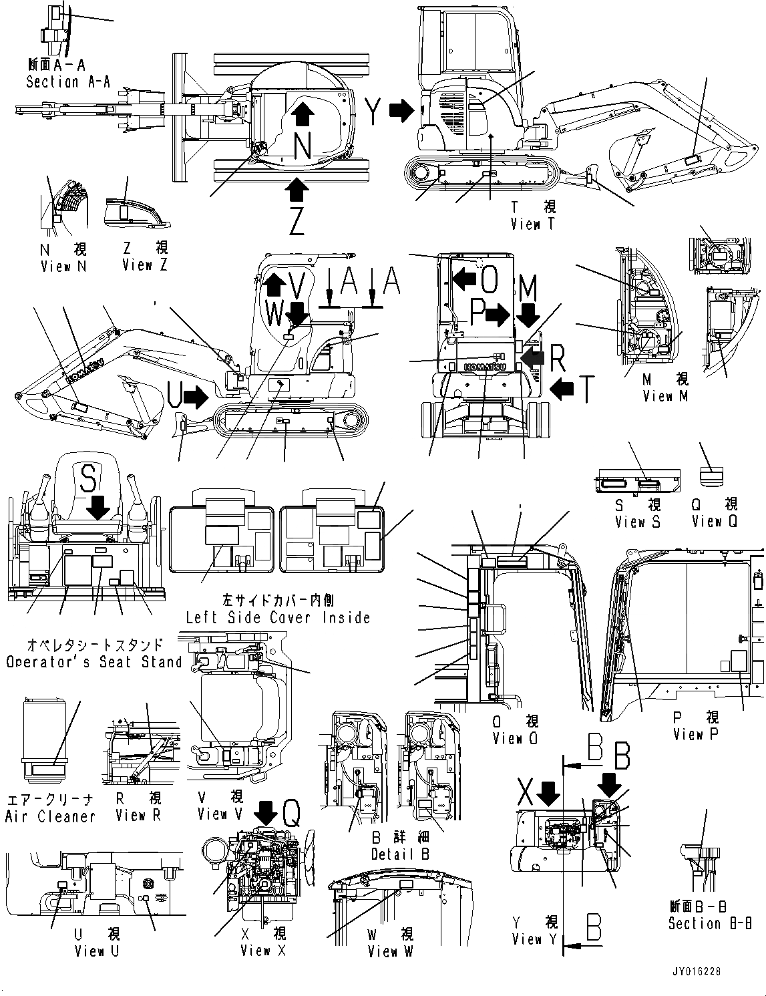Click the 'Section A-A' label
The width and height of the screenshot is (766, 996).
[68, 81]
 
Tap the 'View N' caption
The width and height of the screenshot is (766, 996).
[63, 267]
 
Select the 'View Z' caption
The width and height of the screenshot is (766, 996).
[145, 265]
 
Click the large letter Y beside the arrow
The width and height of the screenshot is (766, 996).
[375, 110]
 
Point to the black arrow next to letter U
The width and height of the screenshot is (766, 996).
[195, 398]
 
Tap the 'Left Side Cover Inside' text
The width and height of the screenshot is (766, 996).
[278, 617]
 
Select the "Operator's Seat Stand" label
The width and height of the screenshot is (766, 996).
[94, 662]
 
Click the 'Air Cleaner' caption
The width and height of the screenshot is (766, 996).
[50, 816]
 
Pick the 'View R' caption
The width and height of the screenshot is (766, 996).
[138, 815]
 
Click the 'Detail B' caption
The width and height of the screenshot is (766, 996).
[401, 854]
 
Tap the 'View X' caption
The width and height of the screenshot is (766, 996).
[263, 950]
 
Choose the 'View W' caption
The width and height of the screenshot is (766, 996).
[391, 951]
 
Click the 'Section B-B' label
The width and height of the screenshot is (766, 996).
[710, 923]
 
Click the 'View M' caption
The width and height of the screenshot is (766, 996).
[665, 396]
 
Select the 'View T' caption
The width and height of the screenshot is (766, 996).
[532, 224]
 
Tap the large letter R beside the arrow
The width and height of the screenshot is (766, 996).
[558, 360]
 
